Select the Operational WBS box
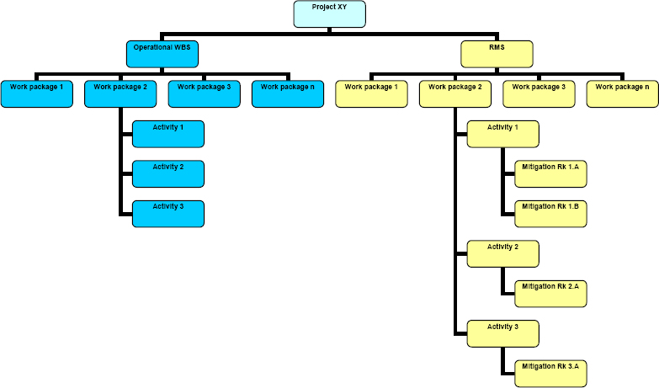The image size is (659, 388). tap(162, 54)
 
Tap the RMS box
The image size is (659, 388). tap(497, 54)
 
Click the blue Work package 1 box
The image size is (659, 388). tap(36, 93)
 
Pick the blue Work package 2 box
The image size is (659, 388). tap(120, 93)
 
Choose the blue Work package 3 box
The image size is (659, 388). tap(204, 93)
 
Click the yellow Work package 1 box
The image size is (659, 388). tap(371, 93)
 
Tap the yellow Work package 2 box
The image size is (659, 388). tap(454, 93)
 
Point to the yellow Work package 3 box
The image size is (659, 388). tap(539, 93)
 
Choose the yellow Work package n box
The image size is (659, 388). tap(622, 93)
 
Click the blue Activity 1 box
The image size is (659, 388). tap(168, 134)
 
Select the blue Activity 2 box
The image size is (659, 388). tap(168, 173)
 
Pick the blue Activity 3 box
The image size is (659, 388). tap(168, 213)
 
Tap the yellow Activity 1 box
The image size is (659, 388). tap(503, 134)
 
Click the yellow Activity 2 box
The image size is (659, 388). tap(503, 253)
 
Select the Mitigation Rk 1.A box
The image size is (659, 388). tap(550, 174)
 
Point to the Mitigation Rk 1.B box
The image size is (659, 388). tap(550, 213)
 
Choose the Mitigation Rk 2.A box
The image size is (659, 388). tap(550, 293)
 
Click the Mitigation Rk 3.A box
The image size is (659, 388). tap(550, 373)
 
